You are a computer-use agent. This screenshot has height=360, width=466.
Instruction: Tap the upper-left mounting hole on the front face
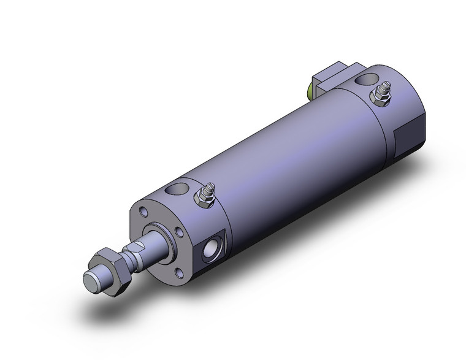click(x=143, y=212)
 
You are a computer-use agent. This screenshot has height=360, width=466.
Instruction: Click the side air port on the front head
click(x=210, y=250)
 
